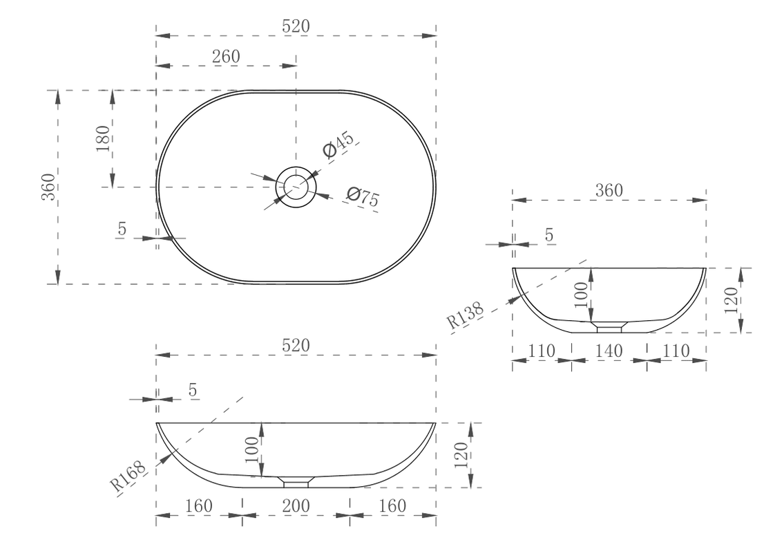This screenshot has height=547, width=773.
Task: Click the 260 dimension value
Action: click(x=226, y=57)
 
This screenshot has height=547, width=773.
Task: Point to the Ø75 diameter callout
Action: click(x=362, y=197)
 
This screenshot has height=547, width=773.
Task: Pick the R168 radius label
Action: click(x=128, y=476)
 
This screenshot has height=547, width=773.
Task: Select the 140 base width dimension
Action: click(x=609, y=351)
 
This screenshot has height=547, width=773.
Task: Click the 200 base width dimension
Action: click(x=296, y=506)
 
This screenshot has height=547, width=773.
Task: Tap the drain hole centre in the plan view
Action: click(x=296, y=187)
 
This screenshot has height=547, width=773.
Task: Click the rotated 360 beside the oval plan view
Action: click(x=48, y=187)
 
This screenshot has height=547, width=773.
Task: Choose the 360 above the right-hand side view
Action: click(x=609, y=190)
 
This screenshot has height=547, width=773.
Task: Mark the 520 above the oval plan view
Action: click(x=296, y=26)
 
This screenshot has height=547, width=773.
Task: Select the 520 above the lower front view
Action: click(x=296, y=345)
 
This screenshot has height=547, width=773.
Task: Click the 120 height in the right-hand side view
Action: click(x=732, y=300)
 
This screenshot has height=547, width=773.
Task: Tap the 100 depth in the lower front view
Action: click(x=252, y=449)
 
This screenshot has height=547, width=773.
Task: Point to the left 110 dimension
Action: click(x=542, y=351)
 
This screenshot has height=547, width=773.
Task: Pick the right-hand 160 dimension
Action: click(x=392, y=506)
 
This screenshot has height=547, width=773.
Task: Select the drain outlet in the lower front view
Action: click(x=296, y=481)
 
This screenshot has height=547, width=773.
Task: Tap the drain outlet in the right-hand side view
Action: click(x=609, y=326)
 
